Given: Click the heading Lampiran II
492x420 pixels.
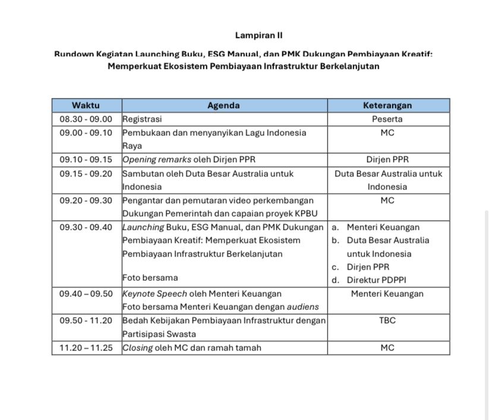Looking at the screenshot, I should [254, 36].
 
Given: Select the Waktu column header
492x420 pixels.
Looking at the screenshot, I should [86, 106].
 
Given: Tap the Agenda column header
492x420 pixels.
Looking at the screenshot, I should [223, 106].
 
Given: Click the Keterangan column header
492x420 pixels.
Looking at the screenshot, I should [387, 106].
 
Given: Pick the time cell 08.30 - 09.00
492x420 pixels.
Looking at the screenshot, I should [86, 119].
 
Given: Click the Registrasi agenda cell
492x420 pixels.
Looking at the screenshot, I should [142, 119].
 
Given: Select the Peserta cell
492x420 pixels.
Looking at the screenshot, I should [387, 119].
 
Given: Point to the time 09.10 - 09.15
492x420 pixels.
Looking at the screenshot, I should [86, 159].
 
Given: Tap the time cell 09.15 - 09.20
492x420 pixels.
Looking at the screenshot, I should [86, 173].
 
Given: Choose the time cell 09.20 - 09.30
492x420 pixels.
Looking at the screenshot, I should [86, 200].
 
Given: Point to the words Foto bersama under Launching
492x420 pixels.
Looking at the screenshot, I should [150, 277].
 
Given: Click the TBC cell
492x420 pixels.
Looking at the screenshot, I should [387, 320].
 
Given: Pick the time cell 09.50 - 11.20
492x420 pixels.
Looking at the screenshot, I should [86, 320].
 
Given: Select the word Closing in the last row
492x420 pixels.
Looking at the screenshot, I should [137, 348].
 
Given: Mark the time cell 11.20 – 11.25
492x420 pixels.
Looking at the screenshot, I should [86, 348].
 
